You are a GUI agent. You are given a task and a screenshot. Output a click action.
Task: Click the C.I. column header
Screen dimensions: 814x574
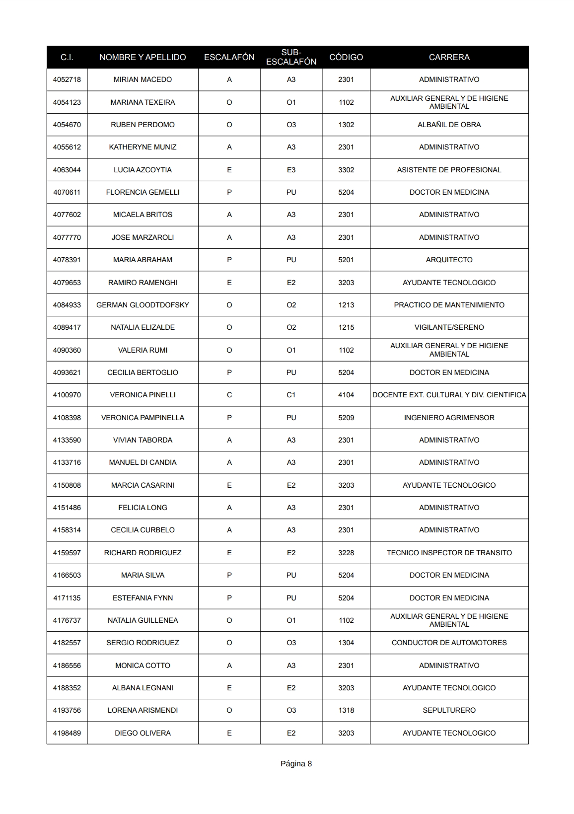[x=67, y=57]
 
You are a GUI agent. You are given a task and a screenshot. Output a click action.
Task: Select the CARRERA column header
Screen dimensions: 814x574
[x=449, y=57]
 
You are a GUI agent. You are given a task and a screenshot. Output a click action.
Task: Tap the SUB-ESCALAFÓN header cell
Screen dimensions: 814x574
[x=291, y=57]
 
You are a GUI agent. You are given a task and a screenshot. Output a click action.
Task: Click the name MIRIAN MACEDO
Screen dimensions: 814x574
[x=143, y=79]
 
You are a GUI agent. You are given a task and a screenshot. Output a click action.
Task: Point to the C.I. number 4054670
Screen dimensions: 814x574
[x=67, y=125]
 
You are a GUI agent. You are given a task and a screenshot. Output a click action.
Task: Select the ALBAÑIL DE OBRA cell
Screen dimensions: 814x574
[x=449, y=125]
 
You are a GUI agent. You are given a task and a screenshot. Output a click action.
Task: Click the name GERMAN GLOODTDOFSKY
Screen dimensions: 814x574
[x=143, y=305]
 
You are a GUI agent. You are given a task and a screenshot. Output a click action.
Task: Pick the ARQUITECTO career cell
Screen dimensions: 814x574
[x=449, y=260]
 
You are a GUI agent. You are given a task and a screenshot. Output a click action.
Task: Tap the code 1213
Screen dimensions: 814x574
[x=346, y=305]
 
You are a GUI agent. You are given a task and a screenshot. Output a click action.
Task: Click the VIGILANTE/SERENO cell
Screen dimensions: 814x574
[x=449, y=327]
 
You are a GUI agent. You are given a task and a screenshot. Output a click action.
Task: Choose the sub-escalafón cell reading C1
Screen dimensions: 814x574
[x=291, y=395]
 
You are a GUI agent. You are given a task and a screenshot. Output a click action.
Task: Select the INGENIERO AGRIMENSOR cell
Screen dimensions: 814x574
[x=449, y=418]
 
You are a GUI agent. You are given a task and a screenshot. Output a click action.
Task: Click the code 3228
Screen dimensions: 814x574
[x=346, y=553]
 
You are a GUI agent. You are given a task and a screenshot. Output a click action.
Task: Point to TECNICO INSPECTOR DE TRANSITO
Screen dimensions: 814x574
[x=449, y=553]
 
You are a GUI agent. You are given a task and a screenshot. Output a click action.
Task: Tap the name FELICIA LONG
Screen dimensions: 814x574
[x=143, y=508]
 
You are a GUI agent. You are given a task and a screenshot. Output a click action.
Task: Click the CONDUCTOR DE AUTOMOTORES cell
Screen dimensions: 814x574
[x=449, y=643]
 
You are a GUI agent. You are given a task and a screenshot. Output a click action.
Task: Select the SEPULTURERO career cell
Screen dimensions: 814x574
[x=449, y=710]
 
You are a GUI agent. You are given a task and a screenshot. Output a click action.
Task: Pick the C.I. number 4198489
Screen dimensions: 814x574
[x=67, y=733]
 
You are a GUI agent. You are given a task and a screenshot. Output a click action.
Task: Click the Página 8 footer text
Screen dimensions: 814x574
[x=296, y=764]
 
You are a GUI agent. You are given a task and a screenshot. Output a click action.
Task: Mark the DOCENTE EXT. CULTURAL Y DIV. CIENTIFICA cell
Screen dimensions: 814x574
[x=449, y=395]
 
